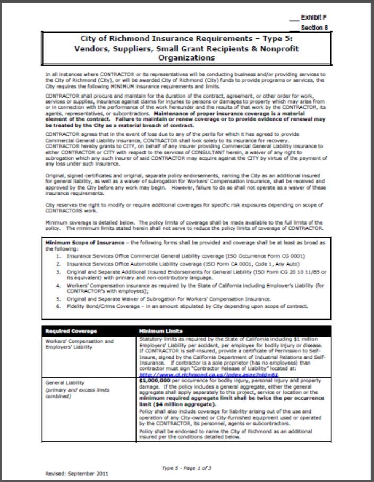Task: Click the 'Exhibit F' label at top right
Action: (x=313, y=18)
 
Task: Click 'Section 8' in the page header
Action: (x=314, y=27)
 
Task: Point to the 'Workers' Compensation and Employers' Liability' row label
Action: (x=72, y=344)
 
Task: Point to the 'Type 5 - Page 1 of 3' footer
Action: (x=186, y=468)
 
